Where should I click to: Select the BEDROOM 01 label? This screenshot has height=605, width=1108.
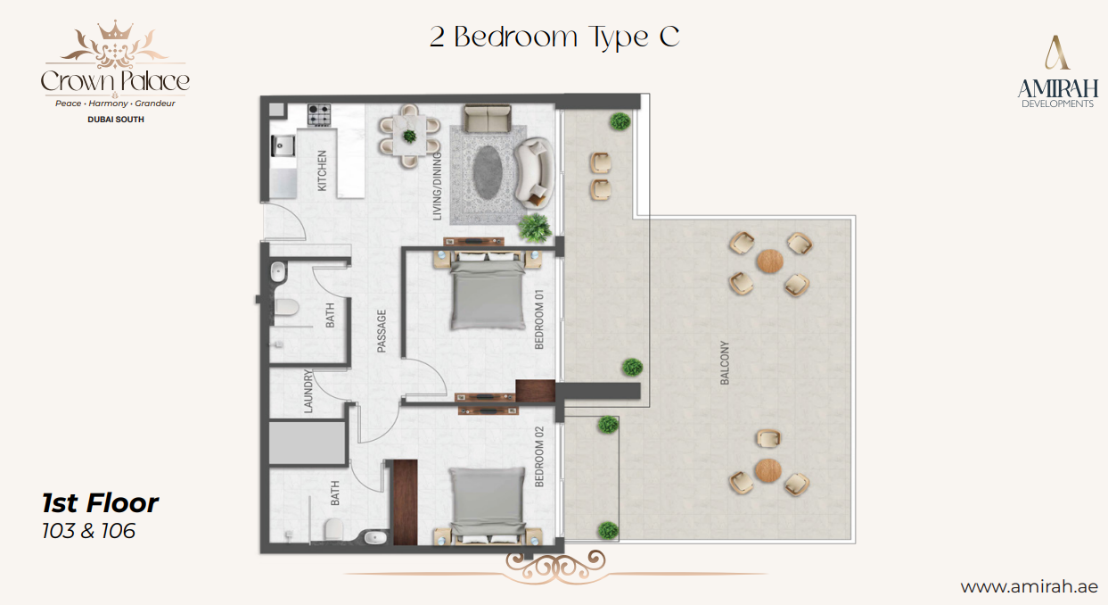(x=538, y=319)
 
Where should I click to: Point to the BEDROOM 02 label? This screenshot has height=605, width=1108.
(x=538, y=457)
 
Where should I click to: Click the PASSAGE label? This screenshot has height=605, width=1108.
(x=382, y=331)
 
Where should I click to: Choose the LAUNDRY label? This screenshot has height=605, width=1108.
(x=308, y=391)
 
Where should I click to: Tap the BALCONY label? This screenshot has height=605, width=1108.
(x=725, y=363)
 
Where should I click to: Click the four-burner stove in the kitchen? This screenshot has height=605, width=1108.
(x=319, y=115)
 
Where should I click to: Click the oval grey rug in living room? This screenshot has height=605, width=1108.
(x=488, y=172)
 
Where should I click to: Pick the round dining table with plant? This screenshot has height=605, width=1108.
(x=409, y=136)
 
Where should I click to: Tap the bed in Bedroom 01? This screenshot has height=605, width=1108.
(x=487, y=291)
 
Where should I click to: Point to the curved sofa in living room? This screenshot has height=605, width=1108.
(x=537, y=170)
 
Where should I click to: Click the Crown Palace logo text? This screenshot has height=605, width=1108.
(x=115, y=81)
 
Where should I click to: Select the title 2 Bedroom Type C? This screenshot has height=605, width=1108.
(x=554, y=37)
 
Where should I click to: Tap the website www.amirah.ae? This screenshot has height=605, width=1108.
(x=1029, y=586)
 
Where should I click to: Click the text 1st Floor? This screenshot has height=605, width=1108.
(x=101, y=503)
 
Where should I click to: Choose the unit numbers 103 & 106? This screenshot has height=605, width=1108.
(x=89, y=531)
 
